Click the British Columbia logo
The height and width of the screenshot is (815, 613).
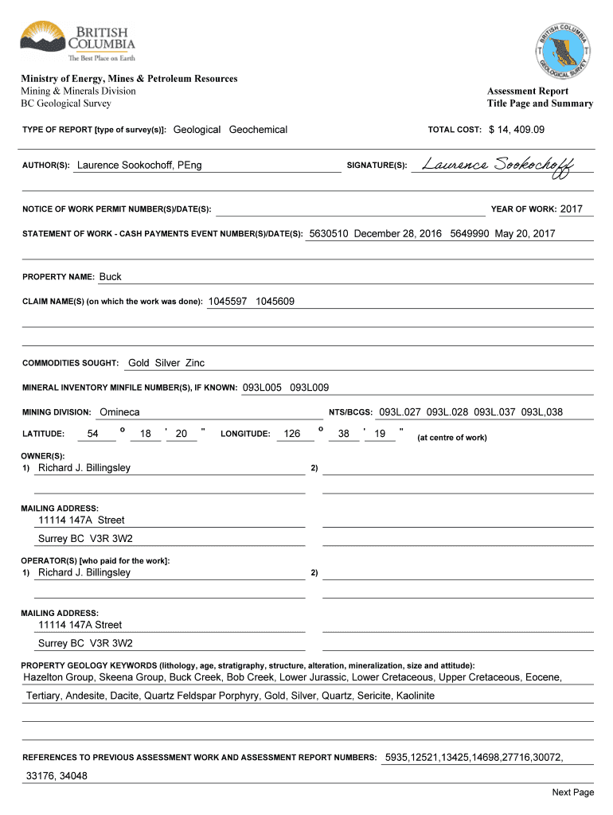[77, 41]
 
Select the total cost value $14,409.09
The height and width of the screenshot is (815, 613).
[517, 130]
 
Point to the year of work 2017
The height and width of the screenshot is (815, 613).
[571, 209]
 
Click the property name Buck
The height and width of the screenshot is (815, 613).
[111, 277]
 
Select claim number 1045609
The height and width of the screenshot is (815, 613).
[275, 302]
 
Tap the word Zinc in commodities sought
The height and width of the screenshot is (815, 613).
[195, 363]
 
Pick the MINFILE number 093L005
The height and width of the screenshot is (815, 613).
[262, 388]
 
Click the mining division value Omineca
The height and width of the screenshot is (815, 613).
[119, 412]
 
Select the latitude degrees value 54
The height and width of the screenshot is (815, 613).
[93, 434]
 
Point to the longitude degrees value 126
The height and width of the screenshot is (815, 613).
[292, 434]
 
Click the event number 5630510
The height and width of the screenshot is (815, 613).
[329, 234]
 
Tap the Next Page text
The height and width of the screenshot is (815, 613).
[573, 792]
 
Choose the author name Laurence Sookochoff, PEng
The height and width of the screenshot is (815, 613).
[139, 166]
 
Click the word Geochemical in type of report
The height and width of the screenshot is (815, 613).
[258, 130]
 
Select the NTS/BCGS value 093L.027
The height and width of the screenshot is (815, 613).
[399, 412]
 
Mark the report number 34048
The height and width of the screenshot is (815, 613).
[72, 776]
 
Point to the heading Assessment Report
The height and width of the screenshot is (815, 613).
[528, 92]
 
